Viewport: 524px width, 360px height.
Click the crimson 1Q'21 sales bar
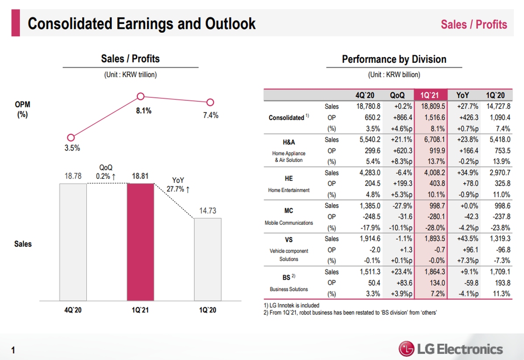[140, 242]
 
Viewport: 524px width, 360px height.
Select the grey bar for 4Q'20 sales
[73, 242]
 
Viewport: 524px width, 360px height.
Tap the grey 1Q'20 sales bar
[207, 260]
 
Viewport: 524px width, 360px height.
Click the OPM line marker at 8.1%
[141, 96]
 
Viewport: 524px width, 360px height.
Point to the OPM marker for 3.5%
[71, 138]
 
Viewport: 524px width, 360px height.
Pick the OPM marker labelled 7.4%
[210, 102]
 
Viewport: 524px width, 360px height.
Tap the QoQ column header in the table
[397, 95]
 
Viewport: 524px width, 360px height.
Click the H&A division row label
[289, 142]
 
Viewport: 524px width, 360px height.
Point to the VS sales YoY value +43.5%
[467, 239]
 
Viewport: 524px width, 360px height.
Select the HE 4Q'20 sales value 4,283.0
[369, 173]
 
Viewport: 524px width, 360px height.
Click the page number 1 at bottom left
[14, 350]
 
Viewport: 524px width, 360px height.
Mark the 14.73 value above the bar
[208, 211]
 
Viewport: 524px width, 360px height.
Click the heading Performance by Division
[394, 59]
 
